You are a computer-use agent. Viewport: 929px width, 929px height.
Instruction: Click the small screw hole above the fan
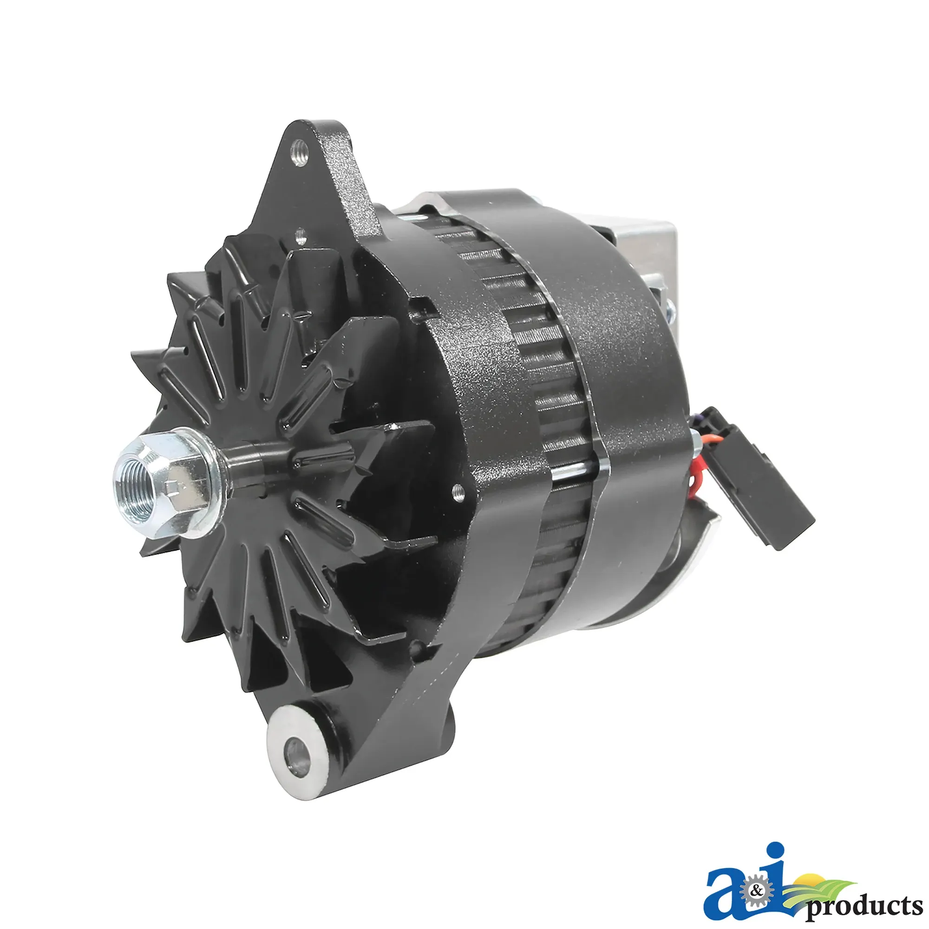click(301, 236)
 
